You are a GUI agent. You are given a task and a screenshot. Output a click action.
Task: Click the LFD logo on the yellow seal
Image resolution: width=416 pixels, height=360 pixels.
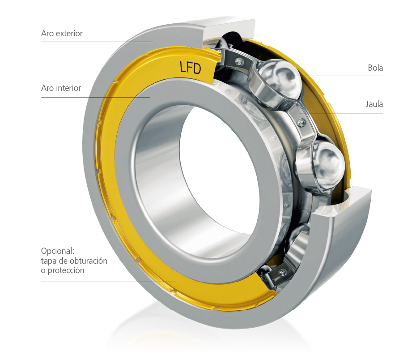point(190,68)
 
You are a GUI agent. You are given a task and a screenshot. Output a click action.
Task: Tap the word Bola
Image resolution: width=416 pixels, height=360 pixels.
point(375,68)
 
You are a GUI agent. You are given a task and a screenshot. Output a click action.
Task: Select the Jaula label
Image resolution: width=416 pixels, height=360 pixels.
point(374,104)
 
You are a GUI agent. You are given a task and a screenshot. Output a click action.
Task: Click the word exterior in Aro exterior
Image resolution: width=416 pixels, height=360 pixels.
point(69,34)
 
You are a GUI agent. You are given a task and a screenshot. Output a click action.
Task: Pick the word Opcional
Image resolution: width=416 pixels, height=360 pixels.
point(58,251)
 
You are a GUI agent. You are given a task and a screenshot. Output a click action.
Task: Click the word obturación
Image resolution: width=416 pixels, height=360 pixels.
point(87,261)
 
